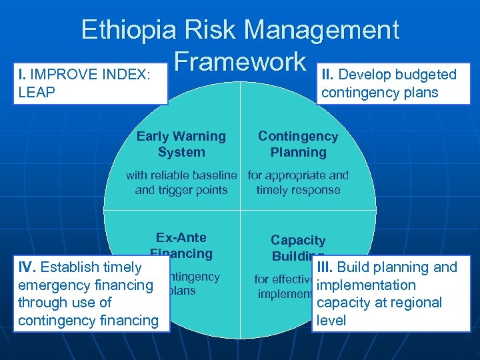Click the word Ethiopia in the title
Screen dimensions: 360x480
129,30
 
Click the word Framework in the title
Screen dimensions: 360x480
239,61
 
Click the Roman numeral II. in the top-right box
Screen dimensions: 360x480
329,75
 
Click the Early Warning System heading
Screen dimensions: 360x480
181,144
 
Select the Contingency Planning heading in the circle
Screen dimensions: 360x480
298,144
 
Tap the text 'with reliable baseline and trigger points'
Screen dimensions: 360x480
181,183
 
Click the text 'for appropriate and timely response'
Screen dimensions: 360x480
298,183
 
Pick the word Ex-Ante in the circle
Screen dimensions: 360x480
181,238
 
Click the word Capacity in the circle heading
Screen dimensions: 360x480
298,241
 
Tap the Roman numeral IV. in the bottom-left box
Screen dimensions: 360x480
27,267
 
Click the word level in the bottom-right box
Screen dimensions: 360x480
331,320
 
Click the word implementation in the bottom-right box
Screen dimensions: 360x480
366,285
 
